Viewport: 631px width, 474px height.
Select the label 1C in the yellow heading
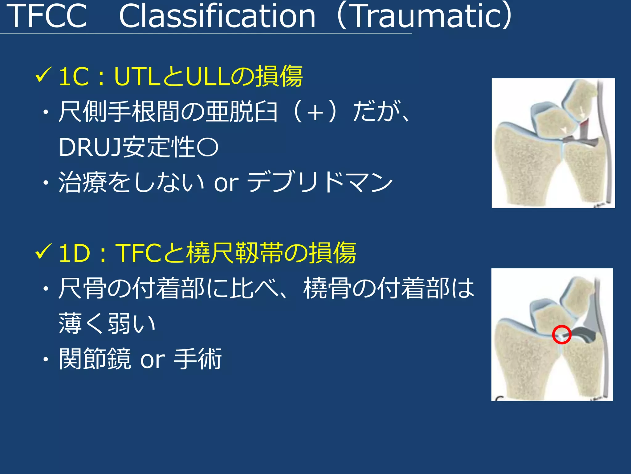tap(73, 77)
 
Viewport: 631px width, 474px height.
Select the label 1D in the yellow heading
tap(74, 253)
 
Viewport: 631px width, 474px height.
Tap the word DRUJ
tap(90, 148)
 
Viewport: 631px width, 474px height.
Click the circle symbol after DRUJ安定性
tap(207, 148)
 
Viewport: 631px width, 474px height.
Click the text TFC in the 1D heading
tap(138, 253)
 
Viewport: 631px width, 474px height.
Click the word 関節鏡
tap(95, 359)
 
